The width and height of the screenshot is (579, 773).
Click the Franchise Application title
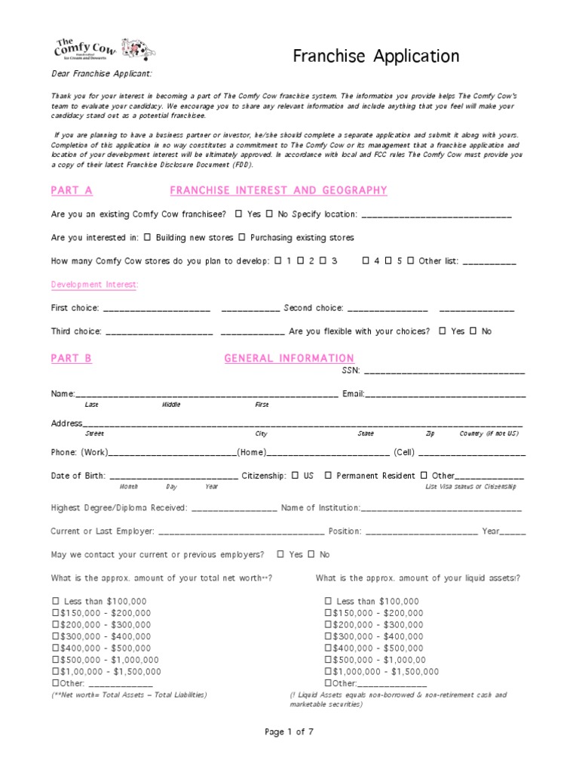click(x=375, y=56)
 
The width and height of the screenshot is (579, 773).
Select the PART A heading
click(x=72, y=190)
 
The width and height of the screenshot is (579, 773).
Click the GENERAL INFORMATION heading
click(x=289, y=358)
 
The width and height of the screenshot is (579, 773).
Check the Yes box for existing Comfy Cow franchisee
click(x=239, y=214)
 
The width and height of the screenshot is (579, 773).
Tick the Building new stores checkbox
click(x=147, y=237)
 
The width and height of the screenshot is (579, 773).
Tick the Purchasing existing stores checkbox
click(x=242, y=237)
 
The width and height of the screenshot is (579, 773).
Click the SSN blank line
click(x=445, y=372)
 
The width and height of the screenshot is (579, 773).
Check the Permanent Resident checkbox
click(x=328, y=476)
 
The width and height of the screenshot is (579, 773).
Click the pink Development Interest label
click(x=94, y=285)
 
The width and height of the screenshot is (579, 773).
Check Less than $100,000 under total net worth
click(x=56, y=601)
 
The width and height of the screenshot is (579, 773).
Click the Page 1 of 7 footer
click(x=289, y=731)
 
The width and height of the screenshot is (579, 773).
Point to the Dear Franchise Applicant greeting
click(x=101, y=73)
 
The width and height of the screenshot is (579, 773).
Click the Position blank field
click(x=421, y=532)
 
